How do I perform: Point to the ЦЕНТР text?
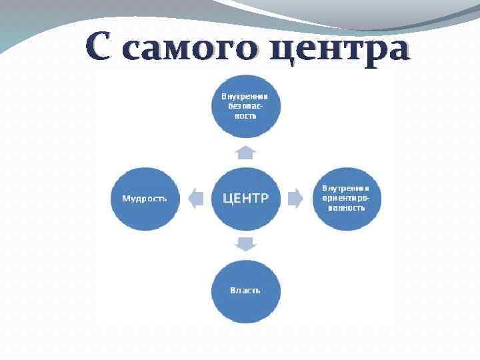(246, 197)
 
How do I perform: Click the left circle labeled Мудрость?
(145, 198)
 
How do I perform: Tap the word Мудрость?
(145, 198)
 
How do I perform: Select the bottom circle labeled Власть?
(246, 291)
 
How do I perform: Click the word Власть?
(245, 291)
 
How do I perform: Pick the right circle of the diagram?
(347, 198)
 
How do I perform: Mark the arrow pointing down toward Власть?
(246, 243)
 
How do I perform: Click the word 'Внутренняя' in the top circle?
(246, 96)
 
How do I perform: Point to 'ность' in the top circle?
(246, 115)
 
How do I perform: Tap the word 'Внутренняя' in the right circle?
(347, 188)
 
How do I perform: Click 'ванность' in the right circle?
(347, 207)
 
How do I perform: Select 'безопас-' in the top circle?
(246, 105)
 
